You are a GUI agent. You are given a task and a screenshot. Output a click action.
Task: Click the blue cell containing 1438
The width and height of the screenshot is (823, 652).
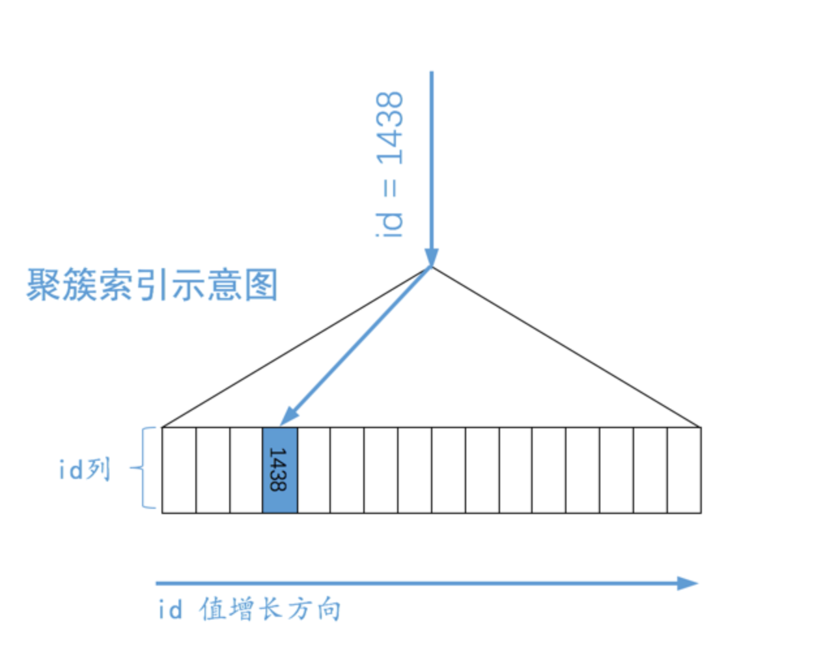(281, 470)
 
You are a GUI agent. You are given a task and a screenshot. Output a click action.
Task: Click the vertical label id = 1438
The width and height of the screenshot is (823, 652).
(389, 165)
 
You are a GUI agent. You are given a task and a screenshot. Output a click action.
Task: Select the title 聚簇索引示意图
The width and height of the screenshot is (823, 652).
(152, 284)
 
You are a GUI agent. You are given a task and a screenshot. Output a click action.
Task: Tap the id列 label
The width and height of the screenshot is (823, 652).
(85, 469)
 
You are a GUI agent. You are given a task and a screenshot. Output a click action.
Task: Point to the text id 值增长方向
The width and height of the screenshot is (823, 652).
(249, 609)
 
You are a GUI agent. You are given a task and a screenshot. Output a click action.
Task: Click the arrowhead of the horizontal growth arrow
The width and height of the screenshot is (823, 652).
(688, 584)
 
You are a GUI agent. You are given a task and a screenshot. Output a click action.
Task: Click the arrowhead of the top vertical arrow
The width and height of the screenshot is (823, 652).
(432, 258)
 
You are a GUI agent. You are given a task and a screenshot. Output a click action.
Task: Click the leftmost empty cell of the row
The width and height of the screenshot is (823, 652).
(179, 470)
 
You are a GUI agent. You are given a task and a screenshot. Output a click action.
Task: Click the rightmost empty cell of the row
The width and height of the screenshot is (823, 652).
(684, 470)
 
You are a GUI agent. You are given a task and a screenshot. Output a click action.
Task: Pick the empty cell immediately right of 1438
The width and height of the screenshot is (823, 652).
(314, 470)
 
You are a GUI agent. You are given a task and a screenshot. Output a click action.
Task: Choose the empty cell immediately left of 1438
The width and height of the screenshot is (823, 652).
(246, 470)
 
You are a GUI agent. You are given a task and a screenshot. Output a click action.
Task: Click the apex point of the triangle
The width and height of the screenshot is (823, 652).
(432, 267)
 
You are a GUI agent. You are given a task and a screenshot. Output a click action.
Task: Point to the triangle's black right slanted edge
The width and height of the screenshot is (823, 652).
(566, 347)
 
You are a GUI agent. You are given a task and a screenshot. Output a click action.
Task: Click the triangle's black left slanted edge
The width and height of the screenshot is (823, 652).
(297, 347)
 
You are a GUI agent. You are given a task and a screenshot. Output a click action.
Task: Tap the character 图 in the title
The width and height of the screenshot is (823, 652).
(261, 284)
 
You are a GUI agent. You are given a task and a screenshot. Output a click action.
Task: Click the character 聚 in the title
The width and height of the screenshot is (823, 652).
(43, 284)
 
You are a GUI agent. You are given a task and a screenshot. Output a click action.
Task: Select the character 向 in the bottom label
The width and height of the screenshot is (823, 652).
(329, 609)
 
